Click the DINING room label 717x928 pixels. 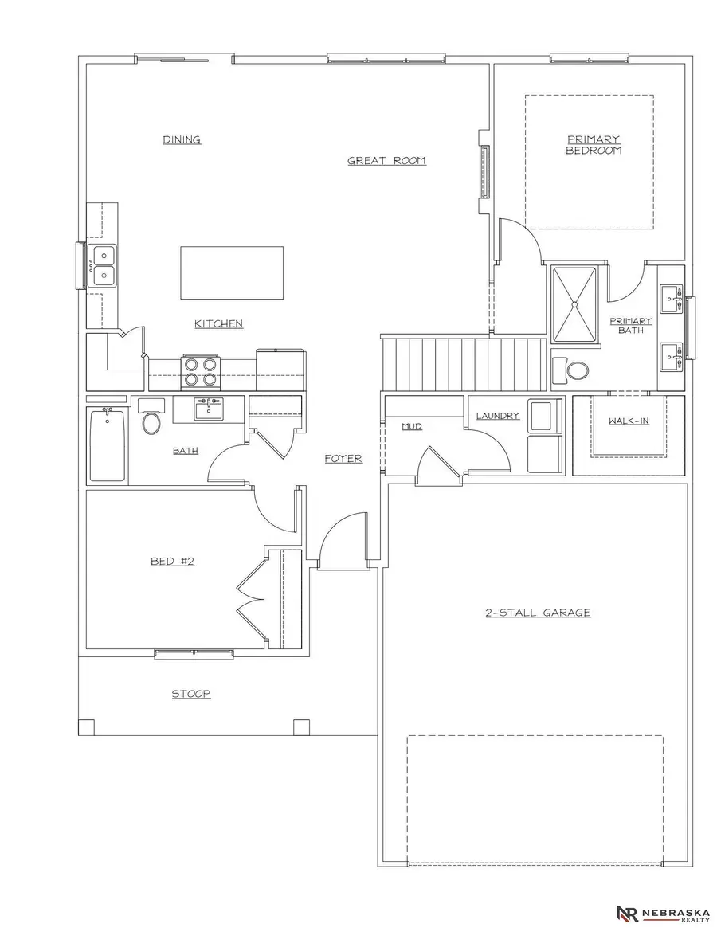tap(182, 140)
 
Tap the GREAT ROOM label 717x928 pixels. tap(386, 161)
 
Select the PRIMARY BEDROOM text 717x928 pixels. tap(594, 144)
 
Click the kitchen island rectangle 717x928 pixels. tap(232, 272)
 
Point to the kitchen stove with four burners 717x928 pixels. tap(199, 368)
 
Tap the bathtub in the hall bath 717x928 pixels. tap(108, 445)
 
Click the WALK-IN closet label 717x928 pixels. tap(629, 421)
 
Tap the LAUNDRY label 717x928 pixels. tap(498, 416)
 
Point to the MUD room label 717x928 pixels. tap(412, 427)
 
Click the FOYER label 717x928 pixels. tap(343, 459)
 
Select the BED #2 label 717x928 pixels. tap(173, 562)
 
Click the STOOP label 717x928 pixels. tap(191, 694)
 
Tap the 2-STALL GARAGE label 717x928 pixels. tap(538, 613)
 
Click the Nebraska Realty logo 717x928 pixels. tap(663, 913)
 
